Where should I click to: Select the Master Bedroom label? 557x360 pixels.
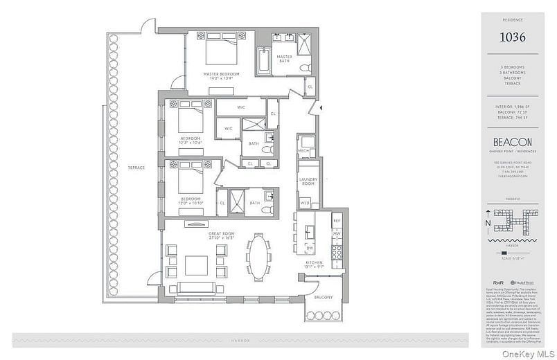pyautogui.click(x=221, y=74)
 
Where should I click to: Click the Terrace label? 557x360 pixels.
pyautogui.click(x=136, y=168)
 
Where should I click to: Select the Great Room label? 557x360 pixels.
pyautogui.click(x=222, y=234)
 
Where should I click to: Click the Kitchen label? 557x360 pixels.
pyautogui.click(x=316, y=263)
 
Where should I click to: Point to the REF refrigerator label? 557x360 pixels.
pyautogui.click(x=337, y=220)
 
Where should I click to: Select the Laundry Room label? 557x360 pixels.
pyautogui.click(x=308, y=181)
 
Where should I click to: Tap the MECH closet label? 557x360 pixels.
pyautogui.click(x=304, y=150)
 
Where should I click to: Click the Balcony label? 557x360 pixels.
pyautogui.click(x=323, y=297)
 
